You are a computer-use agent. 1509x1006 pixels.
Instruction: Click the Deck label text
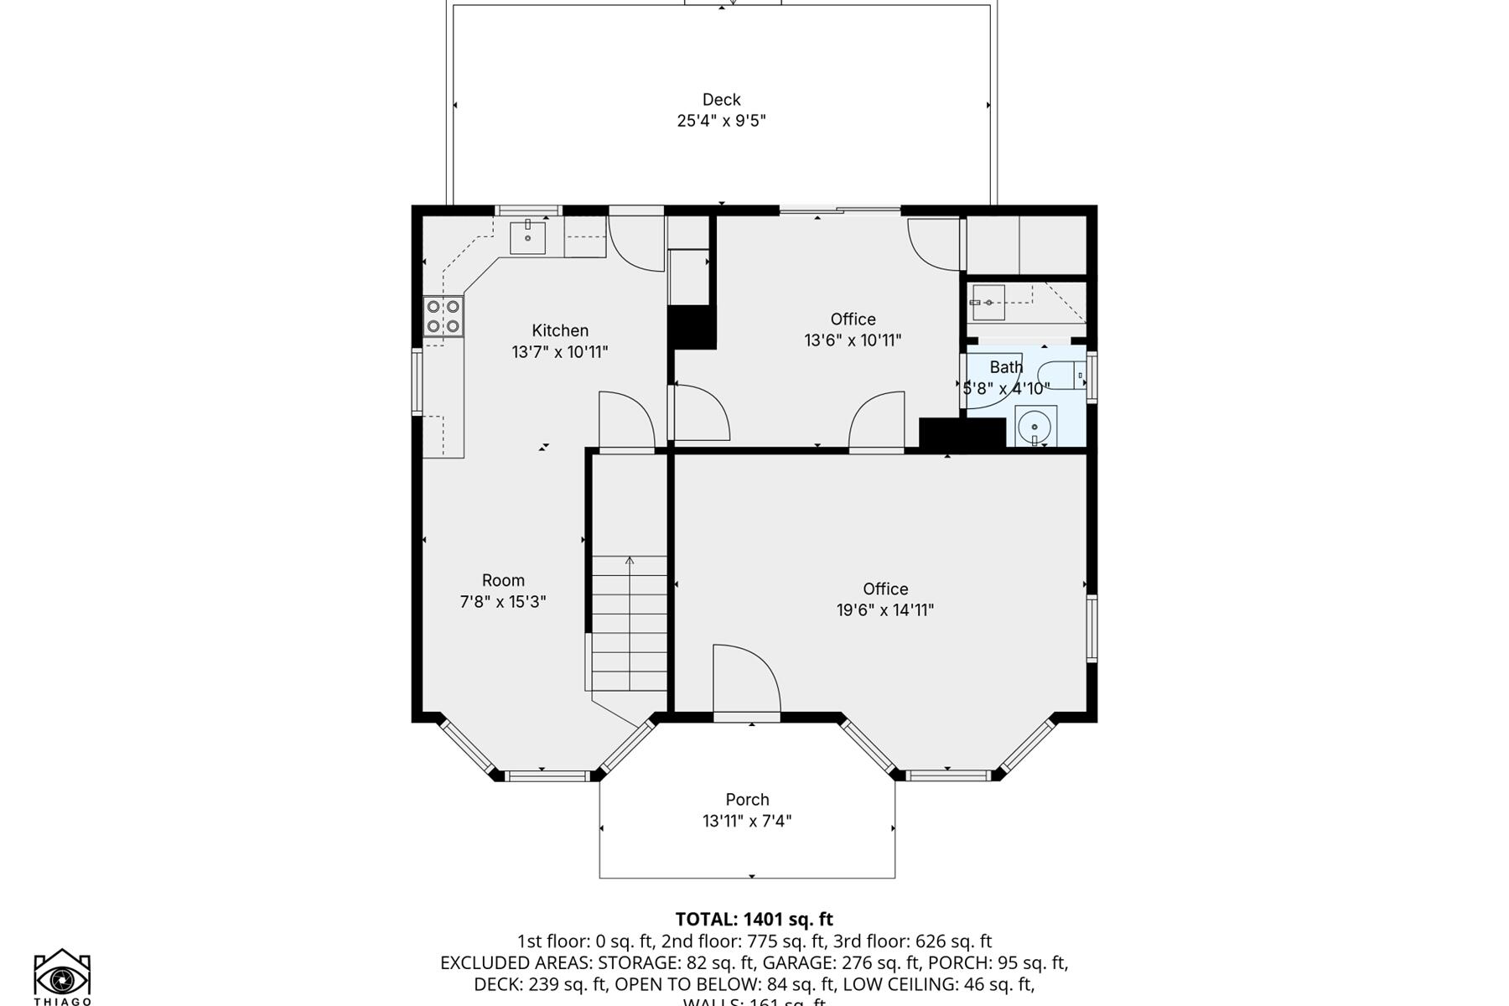click(x=721, y=100)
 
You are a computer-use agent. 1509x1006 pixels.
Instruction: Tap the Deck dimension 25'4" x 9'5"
click(x=721, y=121)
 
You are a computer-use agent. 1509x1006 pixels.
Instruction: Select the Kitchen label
click(x=560, y=330)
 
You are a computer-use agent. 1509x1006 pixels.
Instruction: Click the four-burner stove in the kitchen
click(x=443, y=317)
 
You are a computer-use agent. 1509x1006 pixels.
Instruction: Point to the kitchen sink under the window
click(x=528, y=237)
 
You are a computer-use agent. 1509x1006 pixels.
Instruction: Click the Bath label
click(x=1006, y=367)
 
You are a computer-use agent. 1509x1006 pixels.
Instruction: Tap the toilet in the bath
click(x=1060, y=375)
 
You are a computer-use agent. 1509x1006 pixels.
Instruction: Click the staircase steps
click(x=630, y=624)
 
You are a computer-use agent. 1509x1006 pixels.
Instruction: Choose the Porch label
click(x=747, y=800)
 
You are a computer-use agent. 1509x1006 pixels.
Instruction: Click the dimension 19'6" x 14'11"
click(x=885, y=610)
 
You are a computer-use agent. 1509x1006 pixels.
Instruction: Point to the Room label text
click(x=503, y=580)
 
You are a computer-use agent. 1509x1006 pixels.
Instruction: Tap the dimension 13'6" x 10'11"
click(x=853, y=340)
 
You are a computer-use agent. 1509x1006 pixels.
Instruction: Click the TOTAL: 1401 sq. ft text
click(x=754, y=919)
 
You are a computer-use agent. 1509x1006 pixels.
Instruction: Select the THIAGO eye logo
click(x=62, y=977)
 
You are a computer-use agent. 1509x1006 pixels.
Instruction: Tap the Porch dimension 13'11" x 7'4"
click(x=747, y=821)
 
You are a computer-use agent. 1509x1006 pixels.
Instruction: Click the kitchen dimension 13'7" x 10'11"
click(x=560, y=352)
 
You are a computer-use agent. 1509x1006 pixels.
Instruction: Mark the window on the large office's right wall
click(x=1092, y=628)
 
